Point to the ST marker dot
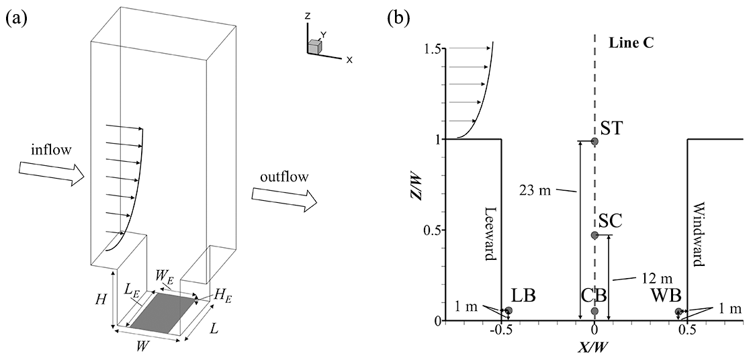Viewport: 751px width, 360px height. pos(594,141)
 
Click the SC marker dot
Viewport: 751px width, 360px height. pos(594,235)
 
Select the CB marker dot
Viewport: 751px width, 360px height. pos(594,311)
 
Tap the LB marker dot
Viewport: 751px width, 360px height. pos(509,310)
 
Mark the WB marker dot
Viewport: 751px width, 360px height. pos(679,312)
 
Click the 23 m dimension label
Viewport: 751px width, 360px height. pos(545,189)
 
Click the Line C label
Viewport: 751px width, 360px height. pos(631,43)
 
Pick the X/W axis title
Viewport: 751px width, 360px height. pos(594,348)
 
